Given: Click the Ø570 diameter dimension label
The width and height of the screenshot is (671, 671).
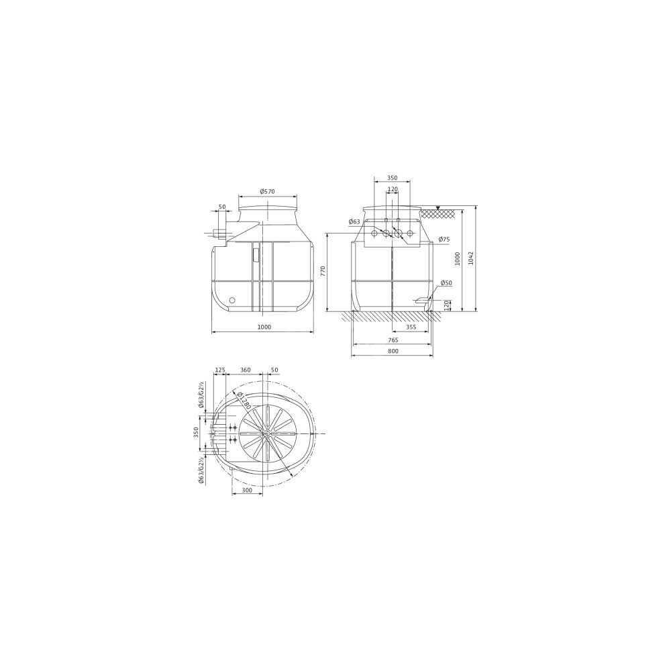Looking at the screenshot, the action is (267, 191).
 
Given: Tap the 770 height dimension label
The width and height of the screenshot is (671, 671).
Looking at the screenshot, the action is (323, 271).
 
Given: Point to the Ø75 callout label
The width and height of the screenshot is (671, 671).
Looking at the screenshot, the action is (444, 240).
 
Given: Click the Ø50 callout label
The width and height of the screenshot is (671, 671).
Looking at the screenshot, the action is (446, 283).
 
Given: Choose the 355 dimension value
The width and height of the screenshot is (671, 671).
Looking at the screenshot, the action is (411, 327).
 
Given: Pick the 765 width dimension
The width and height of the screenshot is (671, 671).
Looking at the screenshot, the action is (393, 340).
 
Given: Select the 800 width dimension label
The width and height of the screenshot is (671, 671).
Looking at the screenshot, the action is (393, 351).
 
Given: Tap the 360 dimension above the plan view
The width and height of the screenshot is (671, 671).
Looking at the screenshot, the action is (245, 370).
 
